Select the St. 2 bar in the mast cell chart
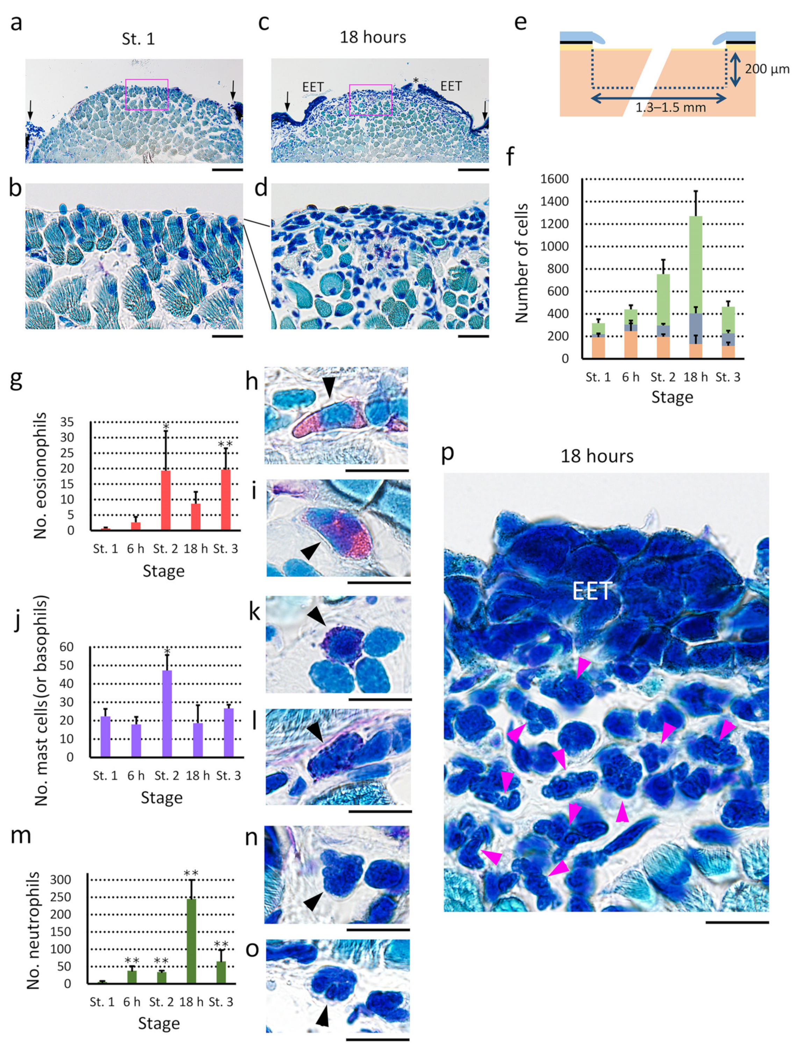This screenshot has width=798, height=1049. (x=167, y=713)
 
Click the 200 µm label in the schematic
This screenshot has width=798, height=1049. (x=767, y=69)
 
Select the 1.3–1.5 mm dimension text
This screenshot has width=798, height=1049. (x=671, y=108)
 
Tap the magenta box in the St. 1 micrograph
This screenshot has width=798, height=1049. (x=147, y=94)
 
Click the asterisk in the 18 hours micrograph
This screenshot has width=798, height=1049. (x=416, y=81)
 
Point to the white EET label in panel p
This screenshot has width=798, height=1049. (x=591, y=592)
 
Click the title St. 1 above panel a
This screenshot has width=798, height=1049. (x=138, y=38)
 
